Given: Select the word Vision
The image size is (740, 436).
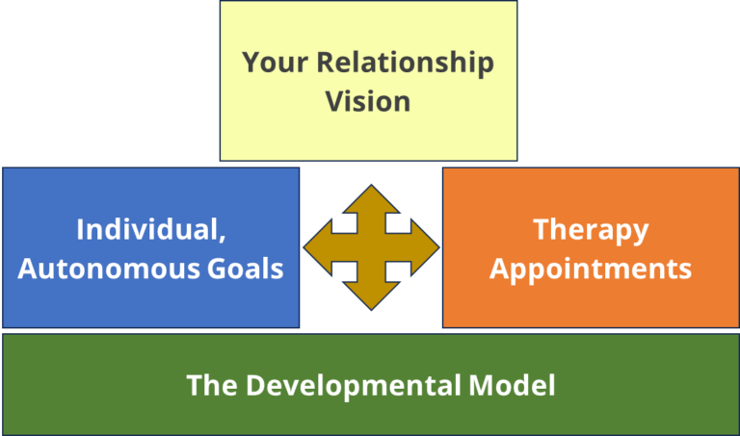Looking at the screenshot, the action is (x=368, y=100).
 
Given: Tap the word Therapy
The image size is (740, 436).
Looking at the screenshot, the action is (x=591, y=231).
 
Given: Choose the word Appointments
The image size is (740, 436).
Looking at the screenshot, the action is (x=591, y=268).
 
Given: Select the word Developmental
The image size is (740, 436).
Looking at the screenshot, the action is (x=357, y=386).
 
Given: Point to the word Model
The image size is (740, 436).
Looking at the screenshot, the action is (x=518, y=386).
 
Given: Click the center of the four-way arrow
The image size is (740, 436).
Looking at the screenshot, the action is (x=371, y=248).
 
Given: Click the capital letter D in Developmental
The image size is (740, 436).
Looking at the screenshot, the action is (x=256, y=386).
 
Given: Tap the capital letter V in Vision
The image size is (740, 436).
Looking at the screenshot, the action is (x=334, y=100).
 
